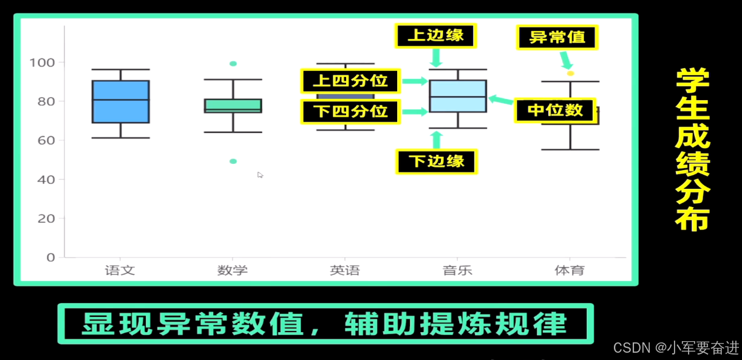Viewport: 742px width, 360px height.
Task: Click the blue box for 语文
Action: (121, 101)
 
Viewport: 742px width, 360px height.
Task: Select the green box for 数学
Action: (233, 106)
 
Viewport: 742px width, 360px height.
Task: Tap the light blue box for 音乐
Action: (458, 96)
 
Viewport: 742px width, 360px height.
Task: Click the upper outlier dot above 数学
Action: (233, 64)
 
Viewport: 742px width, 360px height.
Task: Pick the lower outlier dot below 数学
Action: (233, 161)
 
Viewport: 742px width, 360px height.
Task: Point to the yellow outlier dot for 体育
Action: (570, 73)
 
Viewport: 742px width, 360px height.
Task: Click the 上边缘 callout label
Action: (435, 36)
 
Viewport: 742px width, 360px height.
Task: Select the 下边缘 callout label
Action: (436, 161)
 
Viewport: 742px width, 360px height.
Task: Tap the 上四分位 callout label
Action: (350, 81)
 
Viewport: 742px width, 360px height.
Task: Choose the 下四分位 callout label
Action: (350, 112)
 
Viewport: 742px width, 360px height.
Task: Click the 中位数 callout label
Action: (555, 110)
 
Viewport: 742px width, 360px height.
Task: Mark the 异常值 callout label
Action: (557, 37)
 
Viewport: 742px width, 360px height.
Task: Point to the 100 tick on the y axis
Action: (42, 62)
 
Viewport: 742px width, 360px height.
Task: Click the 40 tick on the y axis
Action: (46, 179)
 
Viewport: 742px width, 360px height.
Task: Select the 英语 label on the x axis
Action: (345, 270)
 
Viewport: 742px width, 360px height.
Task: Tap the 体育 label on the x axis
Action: (570, 270)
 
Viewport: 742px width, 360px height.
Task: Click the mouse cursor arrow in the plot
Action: (260, 175)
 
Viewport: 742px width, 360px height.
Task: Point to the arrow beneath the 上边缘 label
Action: (435, 58)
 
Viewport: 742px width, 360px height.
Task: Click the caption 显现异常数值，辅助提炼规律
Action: (325, 324)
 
